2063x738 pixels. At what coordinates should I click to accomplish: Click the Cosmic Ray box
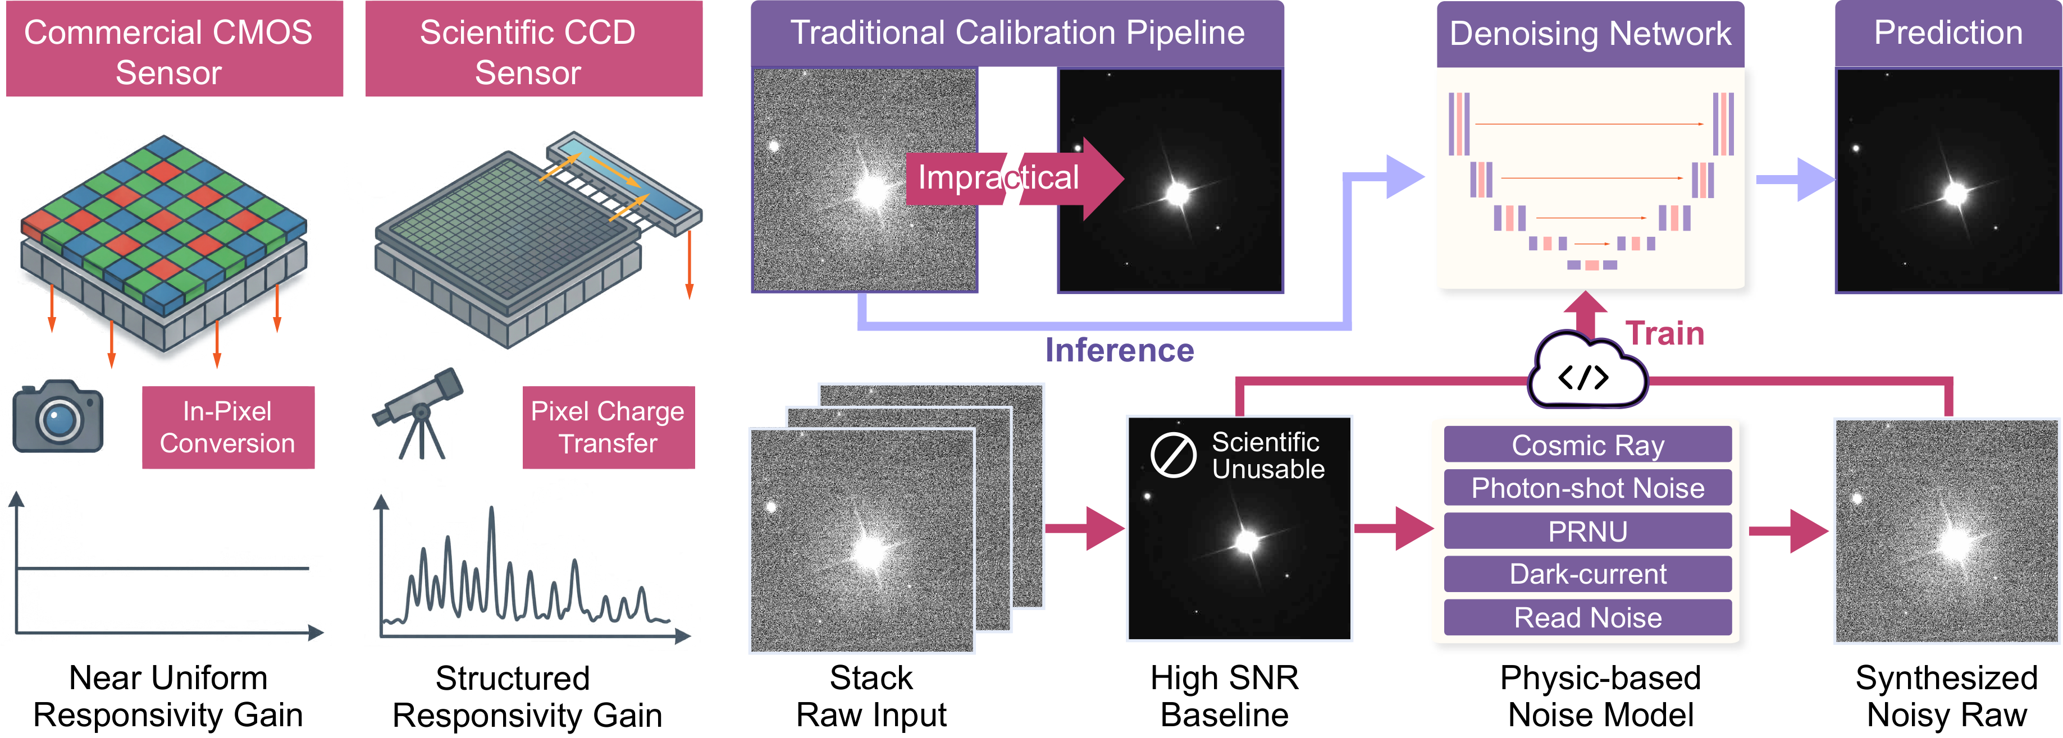(1587, 444)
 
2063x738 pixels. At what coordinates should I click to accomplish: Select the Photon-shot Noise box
(1587, 488)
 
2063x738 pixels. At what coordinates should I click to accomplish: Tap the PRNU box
(1587, 531)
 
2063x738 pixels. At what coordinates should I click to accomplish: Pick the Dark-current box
(1587, 574)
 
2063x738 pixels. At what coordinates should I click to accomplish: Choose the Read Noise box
(1587, 617)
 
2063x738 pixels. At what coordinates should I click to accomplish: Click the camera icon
(58, 416)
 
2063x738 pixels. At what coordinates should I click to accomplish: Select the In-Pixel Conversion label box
(228, 428)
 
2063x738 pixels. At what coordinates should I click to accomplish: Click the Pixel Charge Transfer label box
(609, 428)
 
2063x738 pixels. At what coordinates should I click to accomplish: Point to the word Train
(1665, 333)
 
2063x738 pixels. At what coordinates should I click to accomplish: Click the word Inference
(1120, 350)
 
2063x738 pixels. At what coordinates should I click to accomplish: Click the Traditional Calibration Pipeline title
(1017, 33)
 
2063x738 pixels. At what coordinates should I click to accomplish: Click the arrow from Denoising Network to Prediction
(1794, 179)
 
